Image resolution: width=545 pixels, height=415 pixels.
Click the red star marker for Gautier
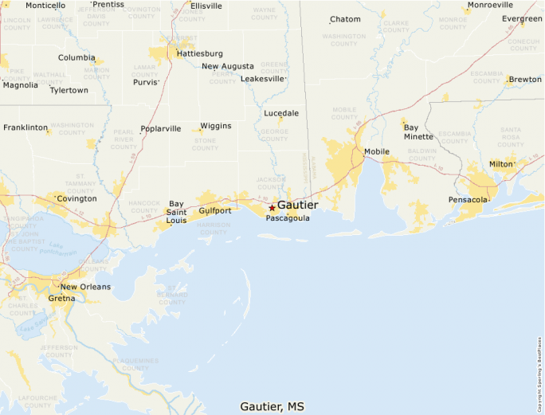(x=272, y=207)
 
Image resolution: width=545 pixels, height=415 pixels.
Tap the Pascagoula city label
(x=288, y=218)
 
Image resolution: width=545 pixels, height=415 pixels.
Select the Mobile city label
(x=376, y=151)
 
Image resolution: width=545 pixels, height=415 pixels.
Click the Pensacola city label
(x=467, y=200)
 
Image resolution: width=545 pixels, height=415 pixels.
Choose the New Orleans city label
(x=85, y=287)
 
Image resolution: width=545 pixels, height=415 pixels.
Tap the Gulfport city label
(x=214, y=211)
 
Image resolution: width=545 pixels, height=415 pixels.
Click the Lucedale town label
(x=281, y=113)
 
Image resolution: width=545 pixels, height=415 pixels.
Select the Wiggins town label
(x=215, y=126)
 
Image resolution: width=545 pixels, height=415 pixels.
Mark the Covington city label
(x=76, y=198)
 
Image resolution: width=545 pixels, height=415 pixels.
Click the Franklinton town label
(x=25, y=127)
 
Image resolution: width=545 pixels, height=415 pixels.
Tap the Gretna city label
(x=61, y=299)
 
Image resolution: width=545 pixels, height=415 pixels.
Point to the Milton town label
(x=501, y=164)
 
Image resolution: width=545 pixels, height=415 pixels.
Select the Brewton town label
(x=525, y=80)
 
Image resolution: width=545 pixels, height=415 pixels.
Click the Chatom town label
(x=345, y=19)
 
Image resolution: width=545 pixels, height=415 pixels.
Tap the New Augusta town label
(x=228, y=66)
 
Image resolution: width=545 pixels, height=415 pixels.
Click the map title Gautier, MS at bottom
(x=272, y=406)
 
